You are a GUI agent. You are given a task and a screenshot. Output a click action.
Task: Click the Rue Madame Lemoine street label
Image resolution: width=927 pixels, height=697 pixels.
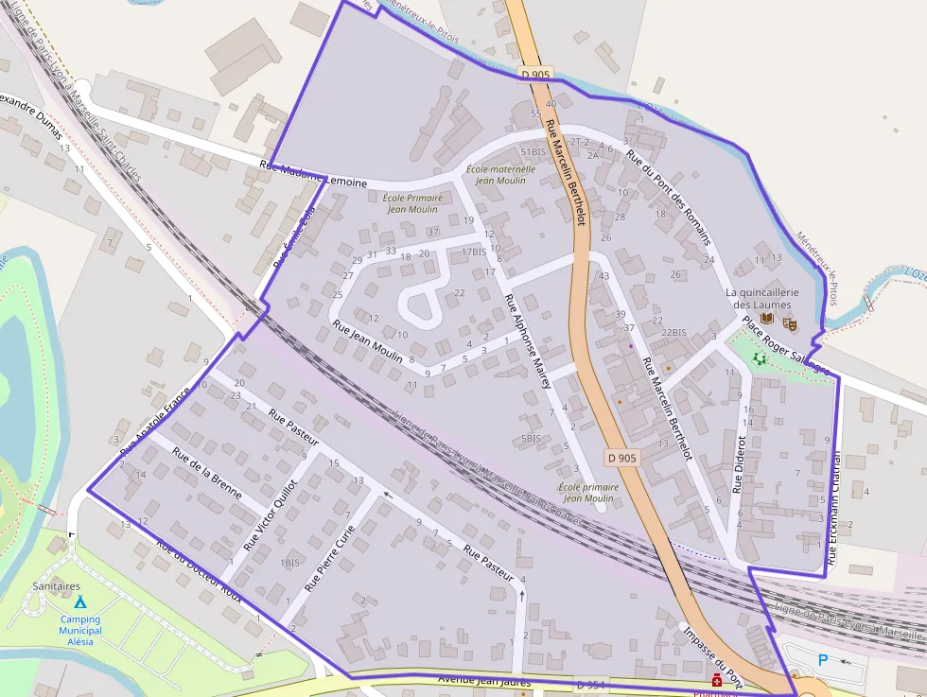click(x=313, y=175)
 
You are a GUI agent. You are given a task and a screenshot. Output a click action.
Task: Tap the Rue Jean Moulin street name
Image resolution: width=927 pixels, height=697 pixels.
click(x=368, y=341)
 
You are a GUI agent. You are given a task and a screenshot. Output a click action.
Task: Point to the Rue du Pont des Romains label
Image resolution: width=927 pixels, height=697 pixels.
click(x=669, y=200)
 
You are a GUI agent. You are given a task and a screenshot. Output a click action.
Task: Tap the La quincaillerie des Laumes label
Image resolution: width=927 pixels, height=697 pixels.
click(x=762, y=299)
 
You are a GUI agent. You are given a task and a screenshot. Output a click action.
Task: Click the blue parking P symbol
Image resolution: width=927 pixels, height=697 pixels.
click(x=823, y=659)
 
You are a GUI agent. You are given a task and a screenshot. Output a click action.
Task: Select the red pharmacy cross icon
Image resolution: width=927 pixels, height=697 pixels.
click(x=717, y=681)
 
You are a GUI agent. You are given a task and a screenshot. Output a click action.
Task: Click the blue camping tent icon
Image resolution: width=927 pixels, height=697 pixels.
click(x=79, y=601)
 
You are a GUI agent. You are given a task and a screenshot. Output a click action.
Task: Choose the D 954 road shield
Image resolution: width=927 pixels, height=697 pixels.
click(x=591, y=684)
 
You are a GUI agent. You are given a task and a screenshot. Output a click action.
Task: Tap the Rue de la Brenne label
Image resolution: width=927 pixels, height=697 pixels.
click(x=206, y=473)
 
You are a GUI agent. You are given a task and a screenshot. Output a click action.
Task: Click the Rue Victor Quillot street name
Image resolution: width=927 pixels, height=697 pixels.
click(x=271, y=514)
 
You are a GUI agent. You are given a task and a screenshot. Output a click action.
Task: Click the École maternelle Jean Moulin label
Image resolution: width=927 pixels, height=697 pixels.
click(x=500, y=175)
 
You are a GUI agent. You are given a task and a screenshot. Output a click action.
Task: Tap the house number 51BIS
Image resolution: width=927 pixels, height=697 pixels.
click(x=533, y=151)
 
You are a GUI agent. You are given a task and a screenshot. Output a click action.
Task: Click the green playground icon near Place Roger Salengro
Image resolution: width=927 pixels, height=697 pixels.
click(x=759, y=359)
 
